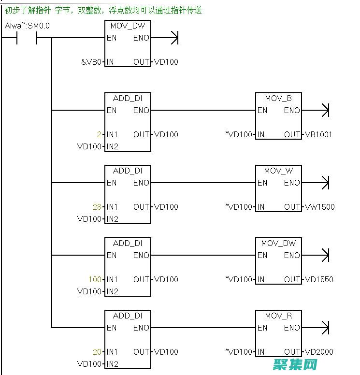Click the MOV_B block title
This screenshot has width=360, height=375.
click(278, 99)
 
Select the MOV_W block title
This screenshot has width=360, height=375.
click(278, 171)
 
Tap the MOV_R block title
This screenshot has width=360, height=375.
click(278, 316)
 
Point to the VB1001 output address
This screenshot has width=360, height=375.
click(318, 134)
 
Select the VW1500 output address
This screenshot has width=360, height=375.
click(319, 207)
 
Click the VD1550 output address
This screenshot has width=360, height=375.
click(319, 279)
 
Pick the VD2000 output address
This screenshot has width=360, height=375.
click(319, 352)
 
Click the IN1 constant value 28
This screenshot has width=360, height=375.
click(98, 207)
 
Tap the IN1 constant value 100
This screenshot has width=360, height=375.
click(95, 279)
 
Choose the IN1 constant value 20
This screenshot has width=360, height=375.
click(98, 352)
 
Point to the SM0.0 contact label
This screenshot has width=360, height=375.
click(38, 26)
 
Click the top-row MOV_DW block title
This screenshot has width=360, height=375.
click(128, 26)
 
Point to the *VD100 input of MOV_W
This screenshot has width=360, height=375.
click(239, 207)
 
